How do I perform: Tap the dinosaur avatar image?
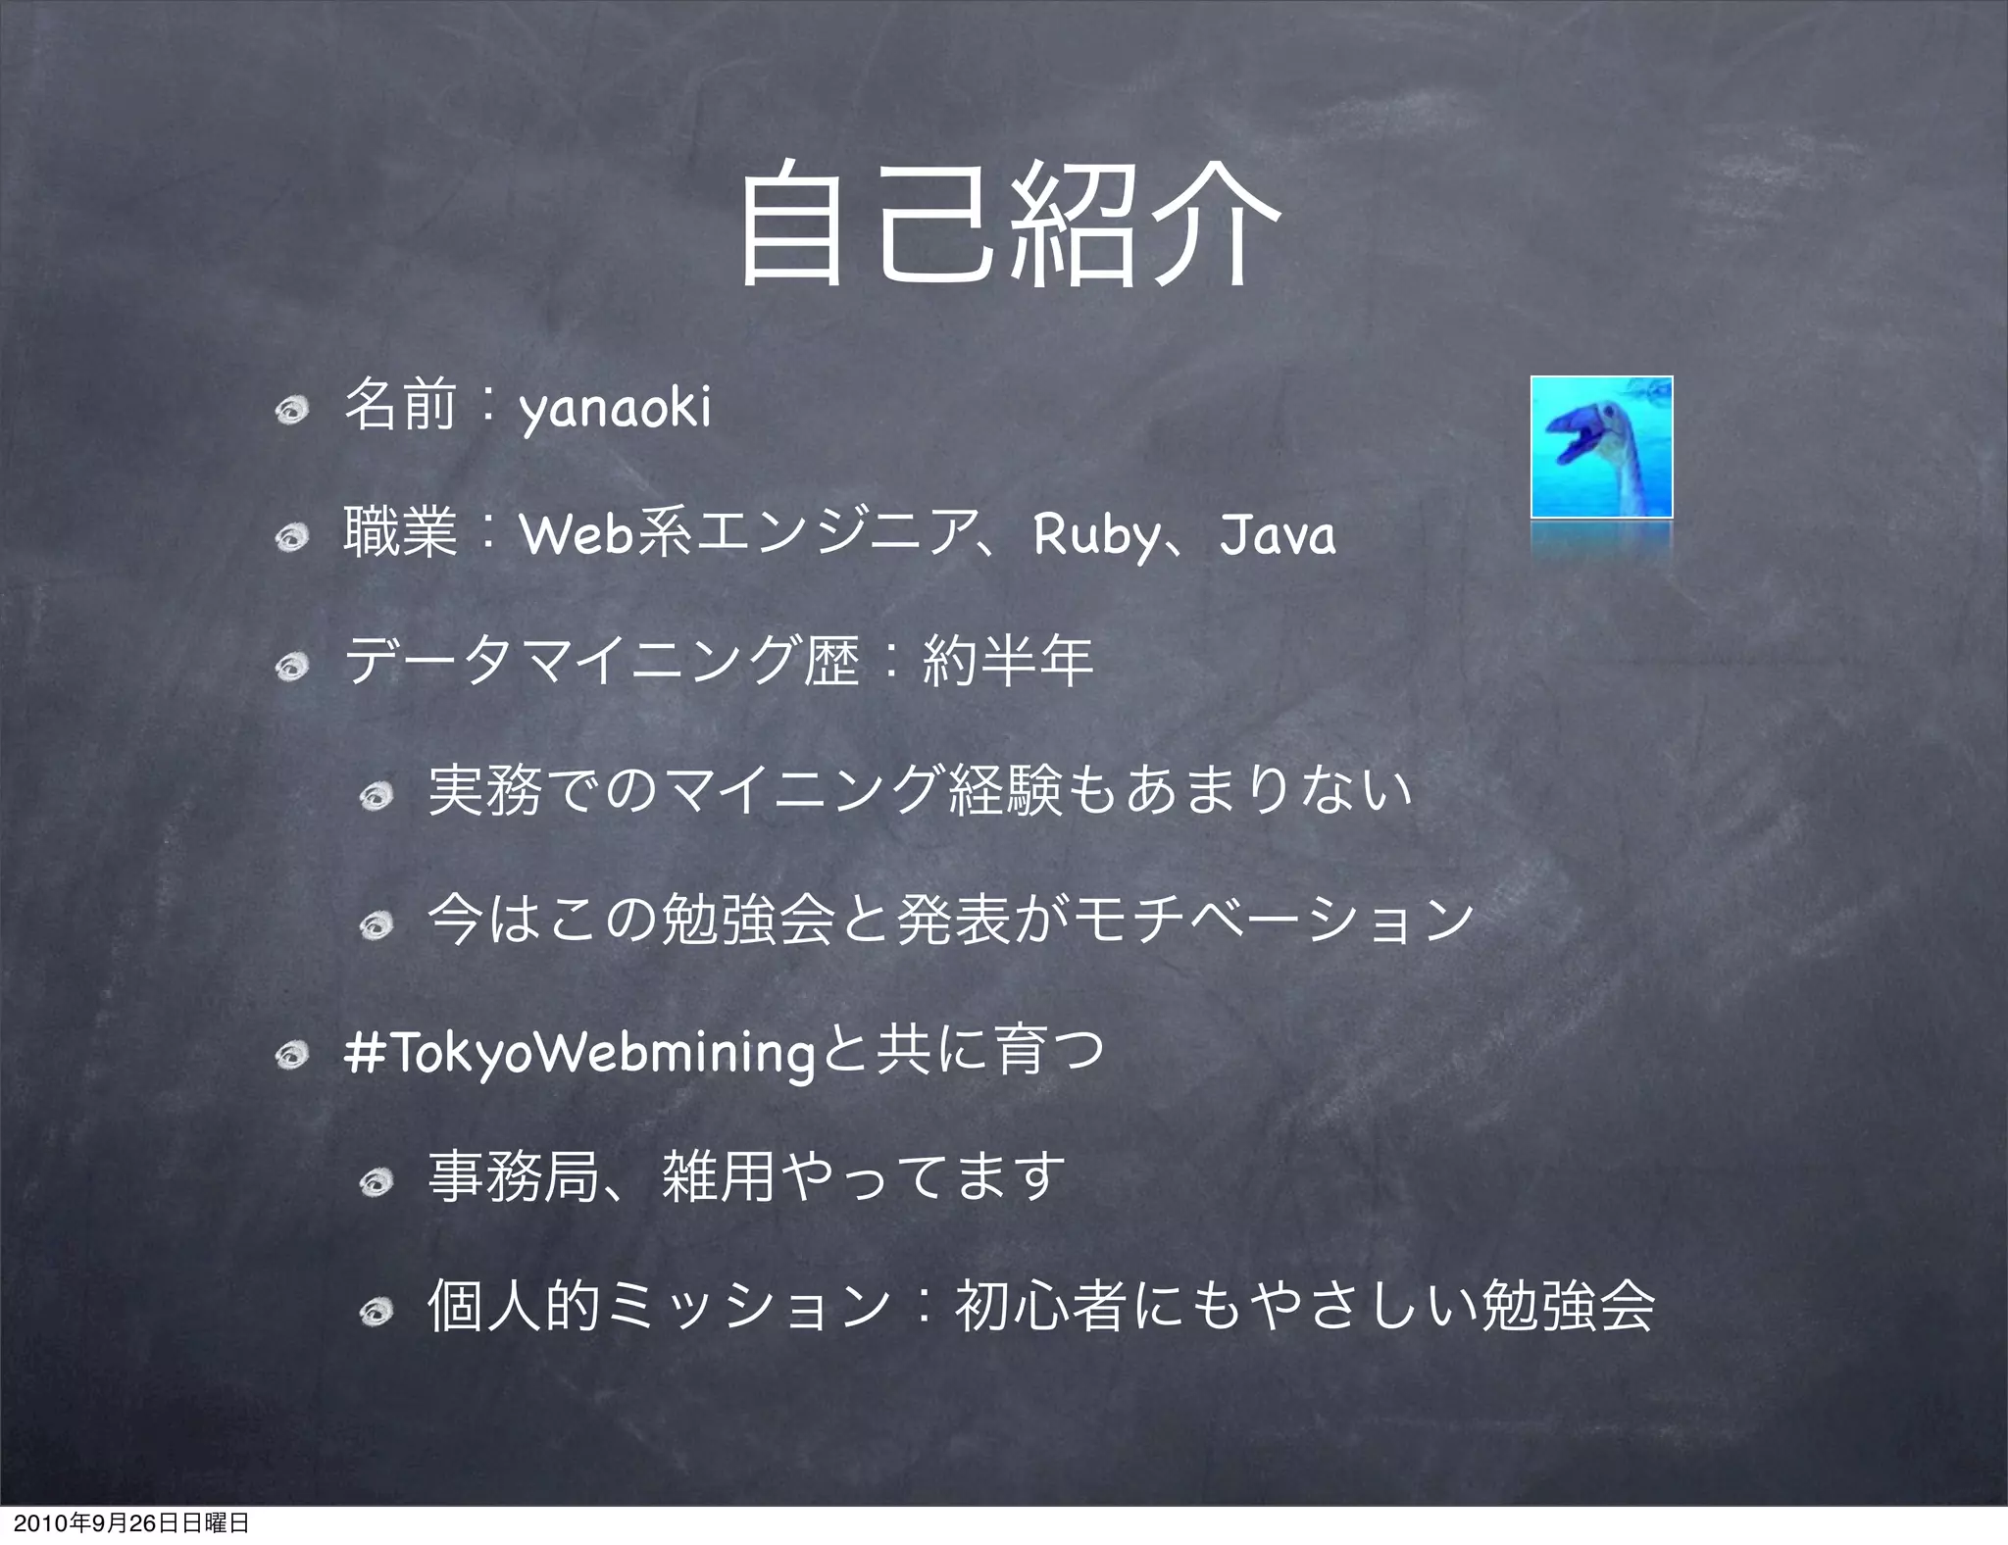coord(1601,447)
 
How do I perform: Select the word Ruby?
coord(1095,536)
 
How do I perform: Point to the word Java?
coord(1277,536)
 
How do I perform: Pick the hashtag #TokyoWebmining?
coord(579,1053)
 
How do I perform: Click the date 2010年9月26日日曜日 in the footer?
coord(125,1523)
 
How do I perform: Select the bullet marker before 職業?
coord(291,538)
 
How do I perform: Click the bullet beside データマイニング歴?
coord(291,668)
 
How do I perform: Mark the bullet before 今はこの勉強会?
coord(375,924)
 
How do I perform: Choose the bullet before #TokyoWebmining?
coord(291,1055)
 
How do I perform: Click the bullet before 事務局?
coord(375,1183)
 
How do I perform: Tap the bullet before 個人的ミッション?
coord(375,1311)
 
